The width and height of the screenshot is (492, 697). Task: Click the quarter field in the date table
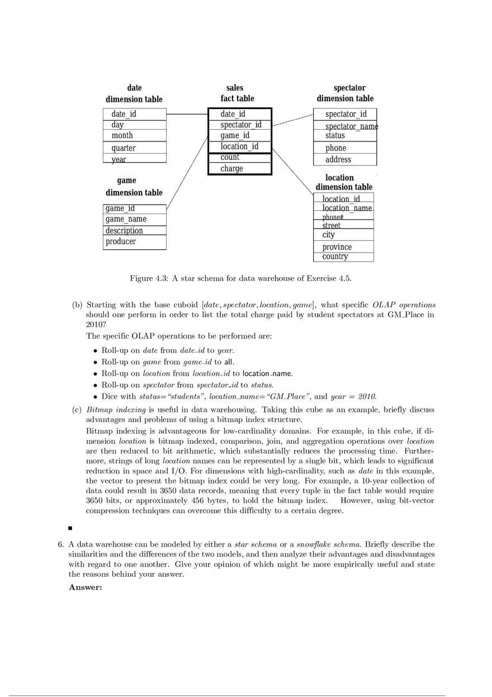(x=124, y=148)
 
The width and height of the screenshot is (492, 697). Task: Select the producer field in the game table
(x=121, y=241)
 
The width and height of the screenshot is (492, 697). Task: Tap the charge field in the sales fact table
(x=231, y=169)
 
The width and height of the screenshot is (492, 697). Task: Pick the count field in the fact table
(x=230, y=158)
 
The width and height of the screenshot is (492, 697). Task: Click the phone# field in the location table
(x=333, y=217)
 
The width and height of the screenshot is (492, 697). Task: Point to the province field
(x=337, y=247)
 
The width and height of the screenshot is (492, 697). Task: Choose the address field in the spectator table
(x=338, y=160)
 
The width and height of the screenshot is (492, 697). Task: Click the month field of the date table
(x=122, y=136)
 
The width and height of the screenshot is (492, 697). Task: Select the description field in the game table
(x=124, y=230)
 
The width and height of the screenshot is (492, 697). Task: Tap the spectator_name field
(x=351, y=126)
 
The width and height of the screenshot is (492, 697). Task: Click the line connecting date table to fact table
(x=187, y=114)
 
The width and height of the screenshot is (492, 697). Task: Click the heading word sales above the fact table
(x=235, y=88)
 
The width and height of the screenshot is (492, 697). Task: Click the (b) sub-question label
(x=77, y=305)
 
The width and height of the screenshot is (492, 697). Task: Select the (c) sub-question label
(x=77, y=410)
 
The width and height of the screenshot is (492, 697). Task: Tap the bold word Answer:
(x=85, y=587)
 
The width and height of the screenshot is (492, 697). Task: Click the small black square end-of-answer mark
(x=70, y=528)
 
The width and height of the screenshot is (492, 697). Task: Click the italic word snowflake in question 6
(x=314, y=544)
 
